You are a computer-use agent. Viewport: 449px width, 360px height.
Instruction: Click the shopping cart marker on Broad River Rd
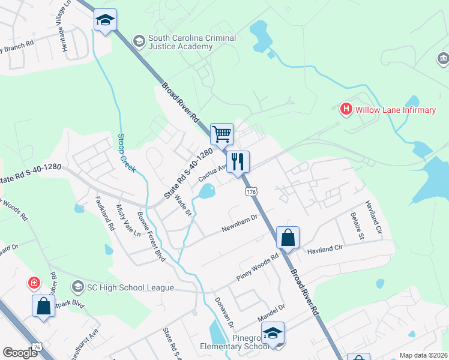[222, 134]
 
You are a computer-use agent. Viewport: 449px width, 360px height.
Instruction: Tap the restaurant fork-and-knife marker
[238, 161]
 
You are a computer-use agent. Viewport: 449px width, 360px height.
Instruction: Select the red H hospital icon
[346, 109]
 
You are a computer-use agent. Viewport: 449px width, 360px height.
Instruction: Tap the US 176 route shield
[250, 191]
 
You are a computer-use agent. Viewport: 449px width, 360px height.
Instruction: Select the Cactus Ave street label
[212, 173]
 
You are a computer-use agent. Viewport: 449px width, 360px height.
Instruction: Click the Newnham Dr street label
[239, 226]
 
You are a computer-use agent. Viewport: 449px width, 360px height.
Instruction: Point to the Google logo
[20, 353]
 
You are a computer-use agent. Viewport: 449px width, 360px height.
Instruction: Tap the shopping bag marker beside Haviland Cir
[288, 238]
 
